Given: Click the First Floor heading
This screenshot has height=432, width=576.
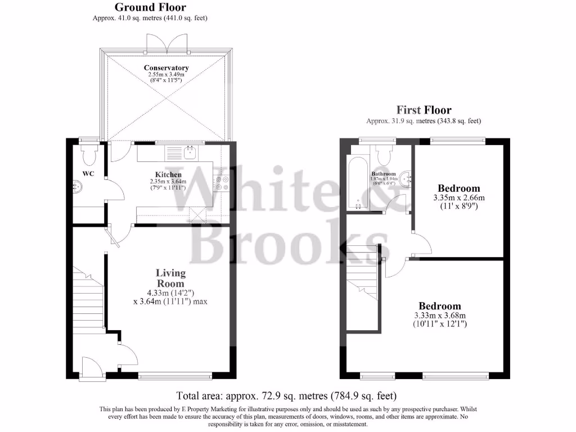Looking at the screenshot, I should coord(424,110).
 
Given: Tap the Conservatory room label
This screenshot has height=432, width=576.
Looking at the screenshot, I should coord(166,68).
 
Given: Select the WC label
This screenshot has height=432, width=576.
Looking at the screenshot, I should coord(88,173).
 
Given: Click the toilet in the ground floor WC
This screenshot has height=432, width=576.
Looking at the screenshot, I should coord(89,152).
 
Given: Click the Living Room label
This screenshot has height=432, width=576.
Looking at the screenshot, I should coord(170,278).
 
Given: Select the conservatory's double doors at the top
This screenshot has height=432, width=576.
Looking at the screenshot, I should coord(165,42).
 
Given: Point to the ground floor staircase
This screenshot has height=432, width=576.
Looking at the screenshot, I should coord(88,298).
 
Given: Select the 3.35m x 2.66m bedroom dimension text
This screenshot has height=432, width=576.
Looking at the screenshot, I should coord(459,198).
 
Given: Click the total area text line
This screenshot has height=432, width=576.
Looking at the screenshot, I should coord(290,395).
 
